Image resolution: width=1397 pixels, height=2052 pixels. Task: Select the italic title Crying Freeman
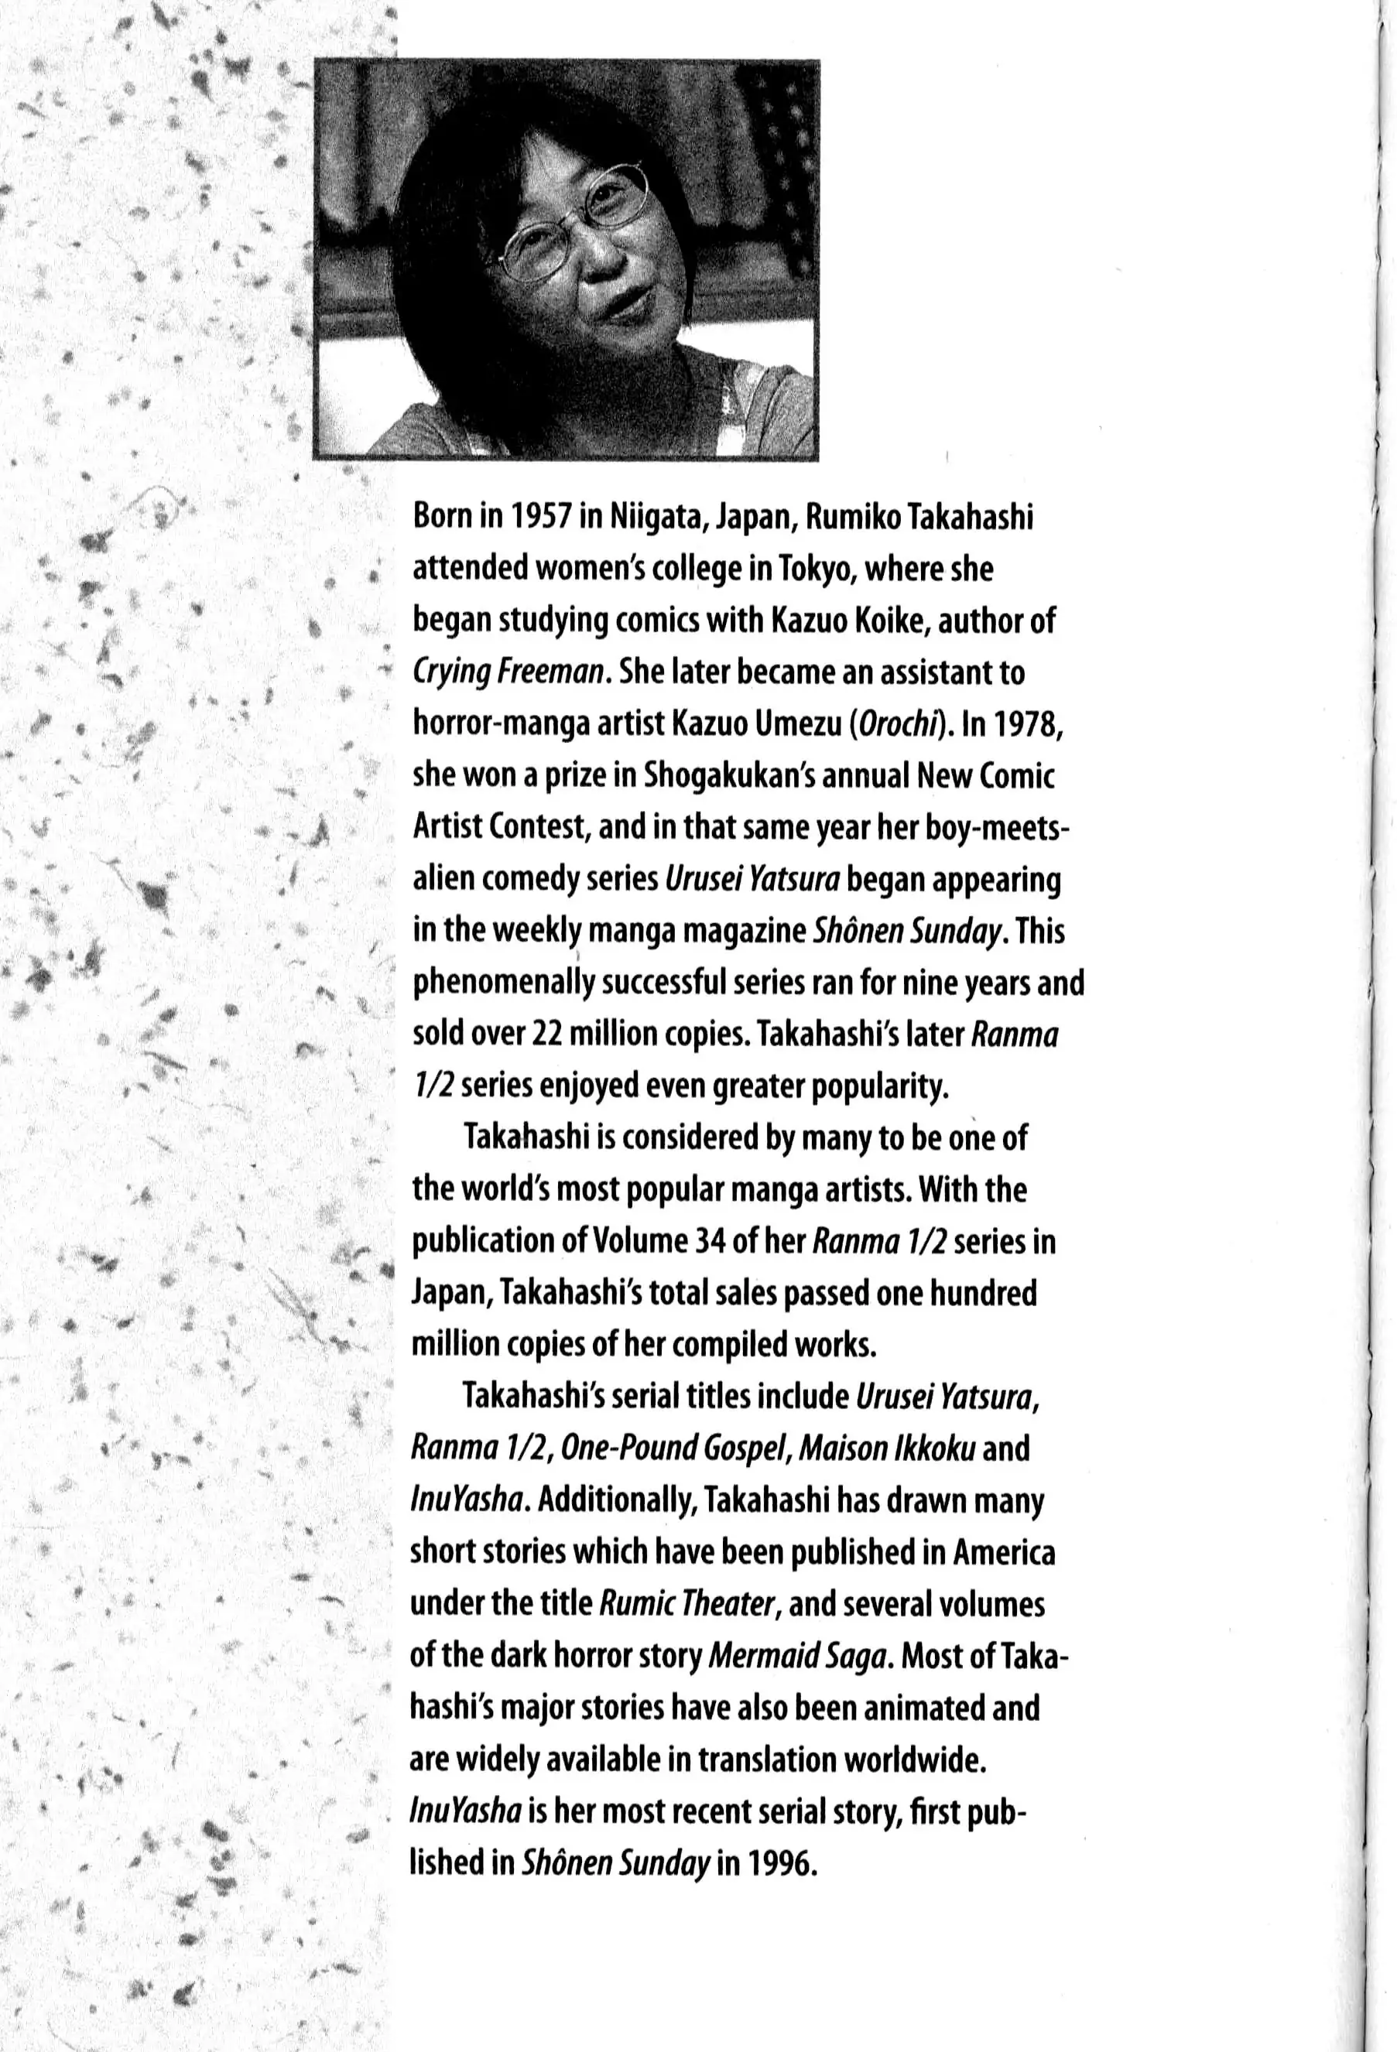[x=509, y=675]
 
